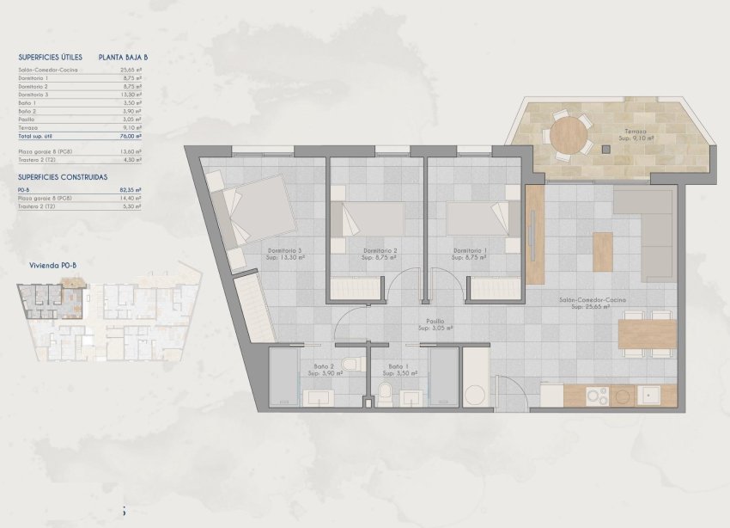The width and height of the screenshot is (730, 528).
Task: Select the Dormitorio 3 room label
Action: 283,255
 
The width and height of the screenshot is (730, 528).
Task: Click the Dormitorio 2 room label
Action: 378,255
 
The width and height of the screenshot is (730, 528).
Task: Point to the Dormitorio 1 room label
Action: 471,255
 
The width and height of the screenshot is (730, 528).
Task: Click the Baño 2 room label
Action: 327,371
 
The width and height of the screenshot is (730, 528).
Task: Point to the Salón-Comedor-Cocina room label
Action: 593,303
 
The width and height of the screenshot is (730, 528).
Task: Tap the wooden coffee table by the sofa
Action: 603,252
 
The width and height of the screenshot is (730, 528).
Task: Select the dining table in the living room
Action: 647,334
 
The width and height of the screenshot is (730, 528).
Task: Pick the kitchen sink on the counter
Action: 652,396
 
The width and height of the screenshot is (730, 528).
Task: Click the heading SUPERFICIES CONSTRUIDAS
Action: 63,175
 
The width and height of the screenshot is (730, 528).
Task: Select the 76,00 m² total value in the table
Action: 131,136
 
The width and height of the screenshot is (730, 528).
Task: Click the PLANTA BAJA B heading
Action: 124,58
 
